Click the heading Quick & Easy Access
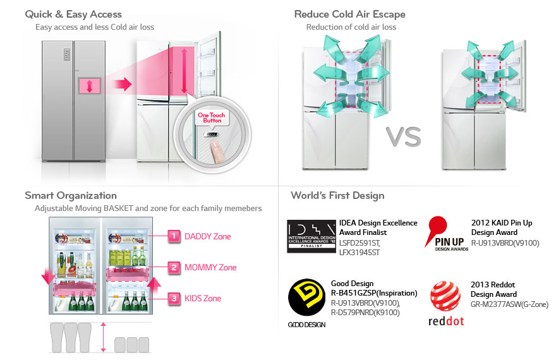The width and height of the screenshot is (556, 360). (73, 14)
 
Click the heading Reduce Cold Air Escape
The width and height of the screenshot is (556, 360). (350, 14)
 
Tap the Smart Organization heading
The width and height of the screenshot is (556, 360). (71, 195)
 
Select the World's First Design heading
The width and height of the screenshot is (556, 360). (337, 195)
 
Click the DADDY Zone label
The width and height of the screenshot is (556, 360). (207, 237)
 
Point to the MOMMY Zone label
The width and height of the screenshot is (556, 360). (210, 267)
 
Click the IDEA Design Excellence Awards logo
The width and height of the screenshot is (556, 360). (311, 236)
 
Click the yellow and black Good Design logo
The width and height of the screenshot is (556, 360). (306, 299)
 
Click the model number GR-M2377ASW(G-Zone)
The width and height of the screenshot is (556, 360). (509, 304)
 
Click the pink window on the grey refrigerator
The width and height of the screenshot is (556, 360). (90, 87)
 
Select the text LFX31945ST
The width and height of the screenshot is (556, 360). (360, 253)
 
